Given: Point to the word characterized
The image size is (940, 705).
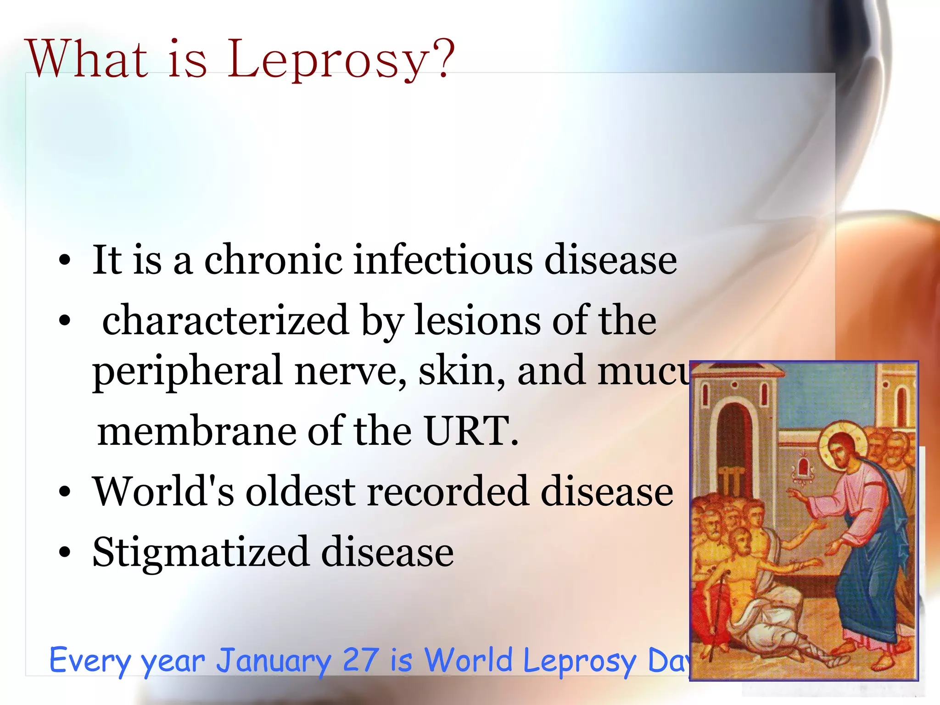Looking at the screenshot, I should point(225,321).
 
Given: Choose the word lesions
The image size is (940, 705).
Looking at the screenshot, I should point(477,321).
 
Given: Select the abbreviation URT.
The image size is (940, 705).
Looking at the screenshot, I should point(471,431).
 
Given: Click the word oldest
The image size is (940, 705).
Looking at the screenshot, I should point(301,492).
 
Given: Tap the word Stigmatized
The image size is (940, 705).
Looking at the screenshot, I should point(200,553).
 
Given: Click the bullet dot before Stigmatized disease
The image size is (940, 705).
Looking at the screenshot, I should point(65,553).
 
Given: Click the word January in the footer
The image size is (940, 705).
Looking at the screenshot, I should point(274,661).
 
